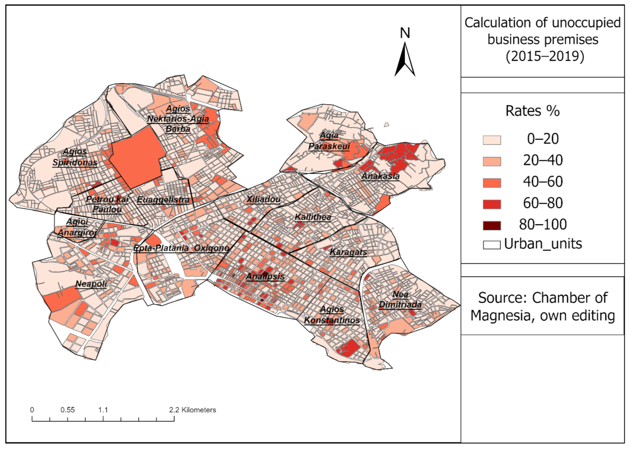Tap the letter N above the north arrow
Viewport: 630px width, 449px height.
(405, 33)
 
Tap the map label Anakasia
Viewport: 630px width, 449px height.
(381, 176)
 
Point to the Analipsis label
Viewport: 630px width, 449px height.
(265, 277)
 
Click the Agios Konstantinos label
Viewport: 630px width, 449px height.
(332, 315)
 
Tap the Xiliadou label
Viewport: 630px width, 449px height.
(263, 200)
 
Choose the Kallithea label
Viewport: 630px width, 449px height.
(313, 217)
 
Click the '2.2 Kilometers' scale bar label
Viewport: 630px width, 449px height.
(193, 410)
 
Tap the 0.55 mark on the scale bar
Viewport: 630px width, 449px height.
(67, 410)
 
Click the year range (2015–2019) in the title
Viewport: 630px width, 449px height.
(545, 57)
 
